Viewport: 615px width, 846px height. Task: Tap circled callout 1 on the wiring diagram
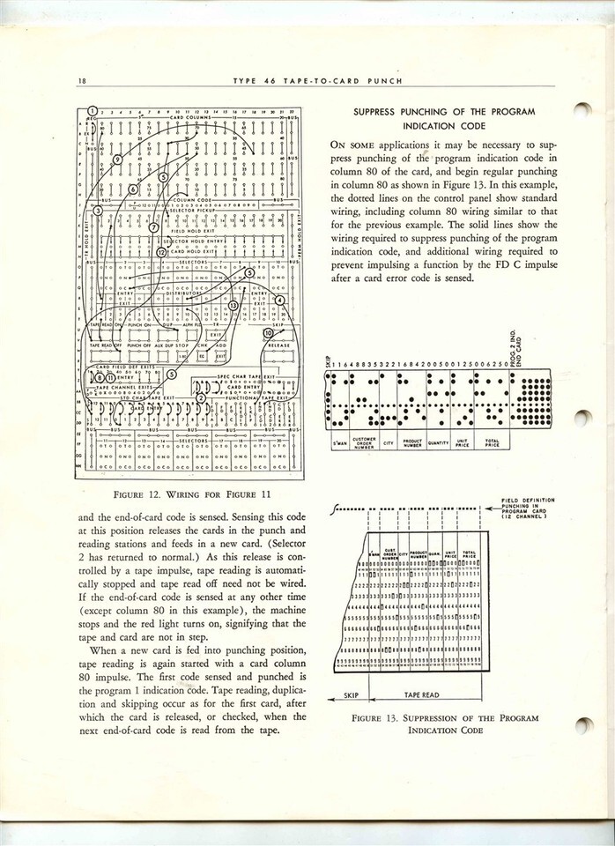click(x=93, y=111)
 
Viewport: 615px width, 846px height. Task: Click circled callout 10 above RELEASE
click(x=268, y=331)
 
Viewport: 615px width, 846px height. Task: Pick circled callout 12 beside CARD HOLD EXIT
click(x=161, y=252)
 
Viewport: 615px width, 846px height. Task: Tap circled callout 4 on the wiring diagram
click(x=280, y=301)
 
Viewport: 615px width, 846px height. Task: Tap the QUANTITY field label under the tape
click(x=438, y=443)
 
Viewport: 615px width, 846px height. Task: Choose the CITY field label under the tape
click(x=388, y=443)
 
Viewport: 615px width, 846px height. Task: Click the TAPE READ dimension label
click(x=427, y=694)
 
